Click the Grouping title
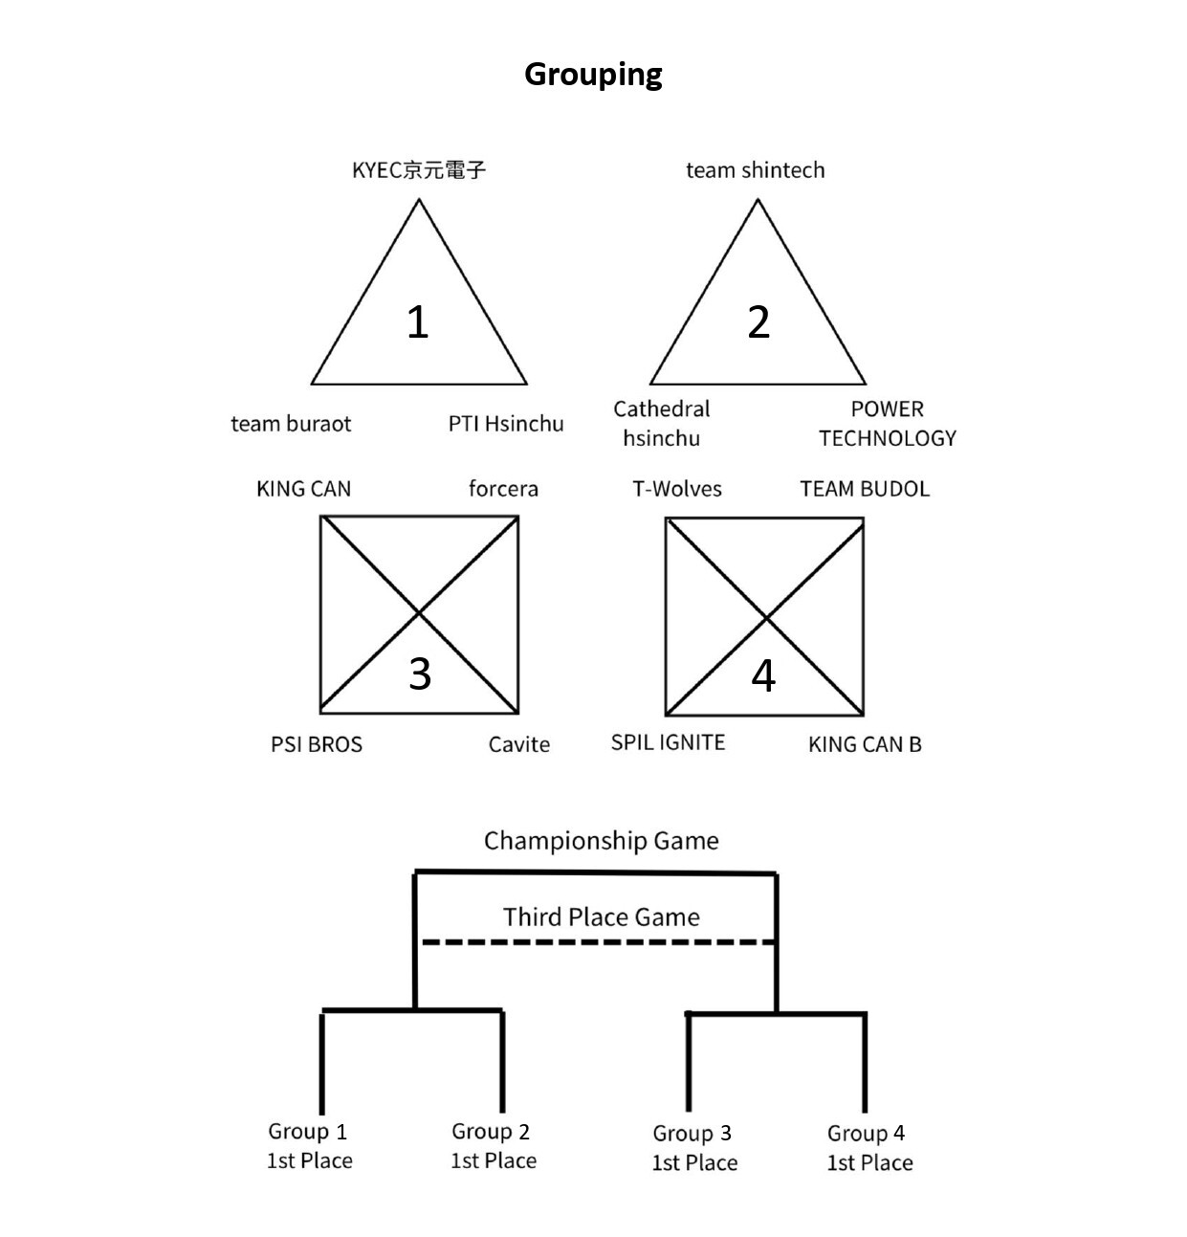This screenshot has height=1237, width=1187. (x=593, y=75)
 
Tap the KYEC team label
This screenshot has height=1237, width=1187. (x=419, y=170)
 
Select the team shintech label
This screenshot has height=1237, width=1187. (x=755, y=170)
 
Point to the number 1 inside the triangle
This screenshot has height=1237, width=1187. (x=417, y=321)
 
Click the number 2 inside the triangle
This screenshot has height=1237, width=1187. (x=758, y=321)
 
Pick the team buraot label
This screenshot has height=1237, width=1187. (x=291, y=424)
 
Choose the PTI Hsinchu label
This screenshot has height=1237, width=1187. (x=506, y=424)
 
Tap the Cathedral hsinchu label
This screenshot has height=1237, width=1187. (x=662, y=424)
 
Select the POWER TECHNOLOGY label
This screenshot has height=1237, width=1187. (x=887, y=424)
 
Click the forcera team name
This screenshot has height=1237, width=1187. (x=503, y=489)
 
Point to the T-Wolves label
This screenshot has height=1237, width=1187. (x=677, y=489)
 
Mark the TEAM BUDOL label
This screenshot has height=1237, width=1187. (x=865, y=489)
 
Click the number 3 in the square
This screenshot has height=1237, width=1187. (x=419, y=674)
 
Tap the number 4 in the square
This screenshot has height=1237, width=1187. (x=763, y=675)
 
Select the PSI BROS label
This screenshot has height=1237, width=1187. (x=317, y=744)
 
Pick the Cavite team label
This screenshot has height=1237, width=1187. (x=519, y=744)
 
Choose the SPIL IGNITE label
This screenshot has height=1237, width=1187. (x=668, y=742)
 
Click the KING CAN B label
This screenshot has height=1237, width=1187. (x=865, y=744)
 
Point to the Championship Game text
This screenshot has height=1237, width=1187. (x=601, y=841)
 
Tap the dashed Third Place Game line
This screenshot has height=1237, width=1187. (x=599, y=942)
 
